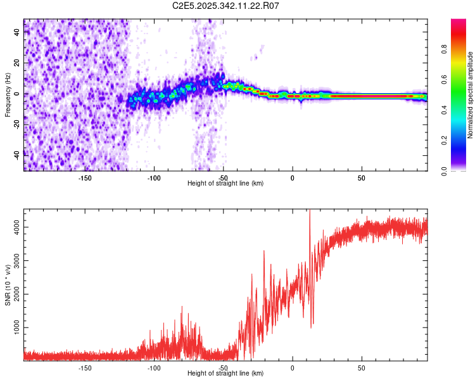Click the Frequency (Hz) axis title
(x=8, y=95)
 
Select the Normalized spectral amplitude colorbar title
(x=471, y=95)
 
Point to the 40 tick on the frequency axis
(x=17, y=33)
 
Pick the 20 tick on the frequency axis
(x=17, y=63)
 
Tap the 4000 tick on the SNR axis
(x=17, y=227)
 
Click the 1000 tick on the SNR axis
(x=17, y=327)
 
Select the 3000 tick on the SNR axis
(x=17, y=260)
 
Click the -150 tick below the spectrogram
(x=85, y=177)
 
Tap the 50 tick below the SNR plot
(x=361, y=367)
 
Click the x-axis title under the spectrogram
(x=225, y=184)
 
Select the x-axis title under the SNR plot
(x=225, y=374)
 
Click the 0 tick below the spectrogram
(x=292, y=177)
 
